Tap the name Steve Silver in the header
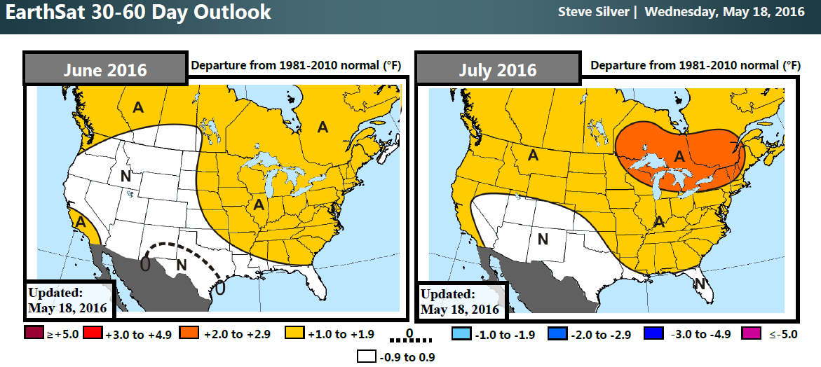pos(592,12)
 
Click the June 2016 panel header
pos(105,69)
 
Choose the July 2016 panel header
pos(498,69)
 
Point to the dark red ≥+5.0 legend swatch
pos(33,334)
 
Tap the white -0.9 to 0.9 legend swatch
pos(366,356)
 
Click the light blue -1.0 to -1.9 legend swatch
pos(460,334)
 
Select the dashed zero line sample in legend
pos(409,341)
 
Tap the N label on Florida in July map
pos(698,283)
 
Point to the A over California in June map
pos(81,221)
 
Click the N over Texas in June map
pos(181,265)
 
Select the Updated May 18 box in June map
pos(69,300)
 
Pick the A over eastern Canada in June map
pos(323,127)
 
